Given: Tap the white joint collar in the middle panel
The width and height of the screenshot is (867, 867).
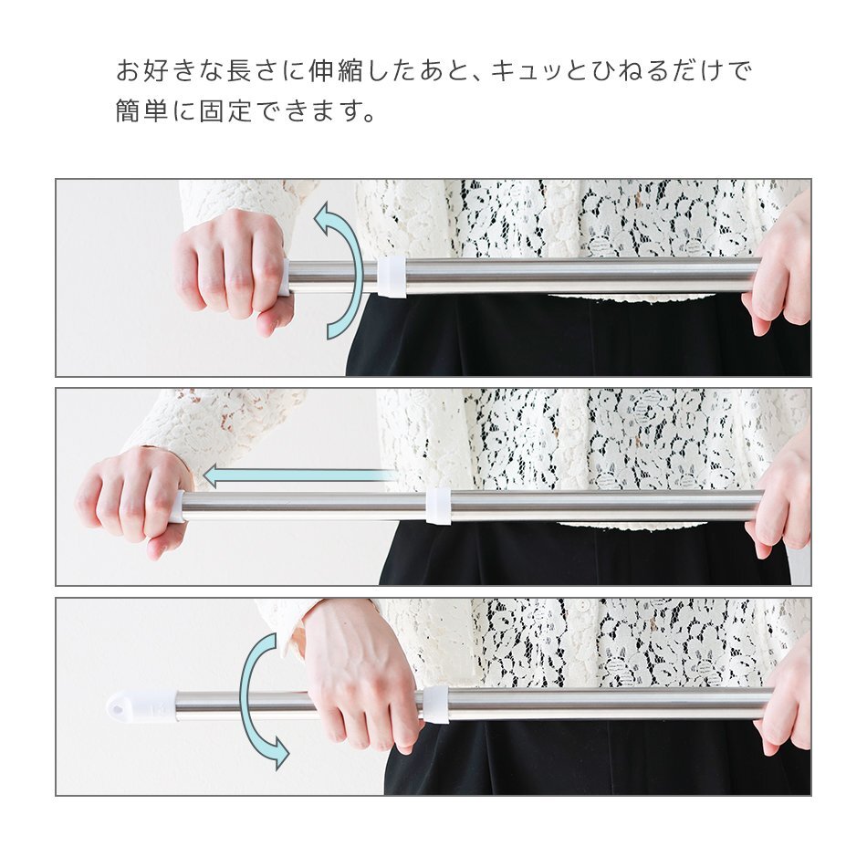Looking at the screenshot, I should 438,505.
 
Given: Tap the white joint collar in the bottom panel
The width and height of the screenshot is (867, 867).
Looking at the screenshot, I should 435,705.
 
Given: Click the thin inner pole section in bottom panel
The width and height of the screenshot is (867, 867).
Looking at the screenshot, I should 237,705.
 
